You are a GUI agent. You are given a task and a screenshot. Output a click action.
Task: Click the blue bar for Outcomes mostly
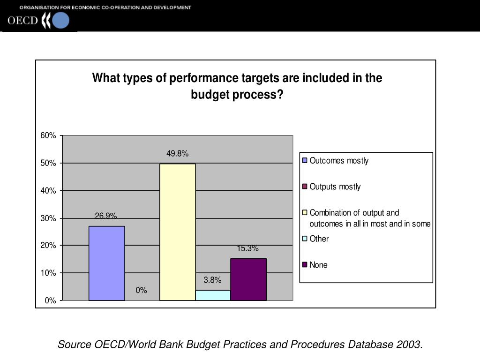click(106, 263)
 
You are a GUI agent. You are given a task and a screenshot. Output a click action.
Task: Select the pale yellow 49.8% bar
click(177, 232)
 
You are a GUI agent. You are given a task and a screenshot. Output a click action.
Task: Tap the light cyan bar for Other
click(213, 295)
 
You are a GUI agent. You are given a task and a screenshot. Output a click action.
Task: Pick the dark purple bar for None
click(248, 279)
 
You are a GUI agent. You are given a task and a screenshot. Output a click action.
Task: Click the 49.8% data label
click(177, 154)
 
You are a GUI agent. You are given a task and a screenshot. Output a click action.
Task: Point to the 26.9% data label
click(106, 216)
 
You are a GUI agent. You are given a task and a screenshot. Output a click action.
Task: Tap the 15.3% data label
click(247, 249)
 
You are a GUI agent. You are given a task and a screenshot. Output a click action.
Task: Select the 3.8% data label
click(212, 280)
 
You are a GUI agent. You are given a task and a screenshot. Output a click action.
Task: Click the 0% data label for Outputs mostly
click(142, 291)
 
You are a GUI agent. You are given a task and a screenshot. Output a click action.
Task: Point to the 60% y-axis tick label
click(48, 136)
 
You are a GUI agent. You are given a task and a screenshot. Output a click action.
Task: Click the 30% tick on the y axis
click(48, 218)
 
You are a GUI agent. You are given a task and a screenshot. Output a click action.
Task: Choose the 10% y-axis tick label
click(48, 273)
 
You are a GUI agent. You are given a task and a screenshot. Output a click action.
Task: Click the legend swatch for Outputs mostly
click(305, 187)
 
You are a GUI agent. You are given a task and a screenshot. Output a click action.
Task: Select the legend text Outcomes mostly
click(339, 161)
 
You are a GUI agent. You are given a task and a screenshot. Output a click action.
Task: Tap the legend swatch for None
click(305, 265)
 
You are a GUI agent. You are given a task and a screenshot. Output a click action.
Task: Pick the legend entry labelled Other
click(319, 239)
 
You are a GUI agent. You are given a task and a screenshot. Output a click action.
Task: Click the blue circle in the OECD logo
click(61, 21)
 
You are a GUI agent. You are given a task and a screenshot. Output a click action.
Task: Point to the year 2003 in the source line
click(408, 345)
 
